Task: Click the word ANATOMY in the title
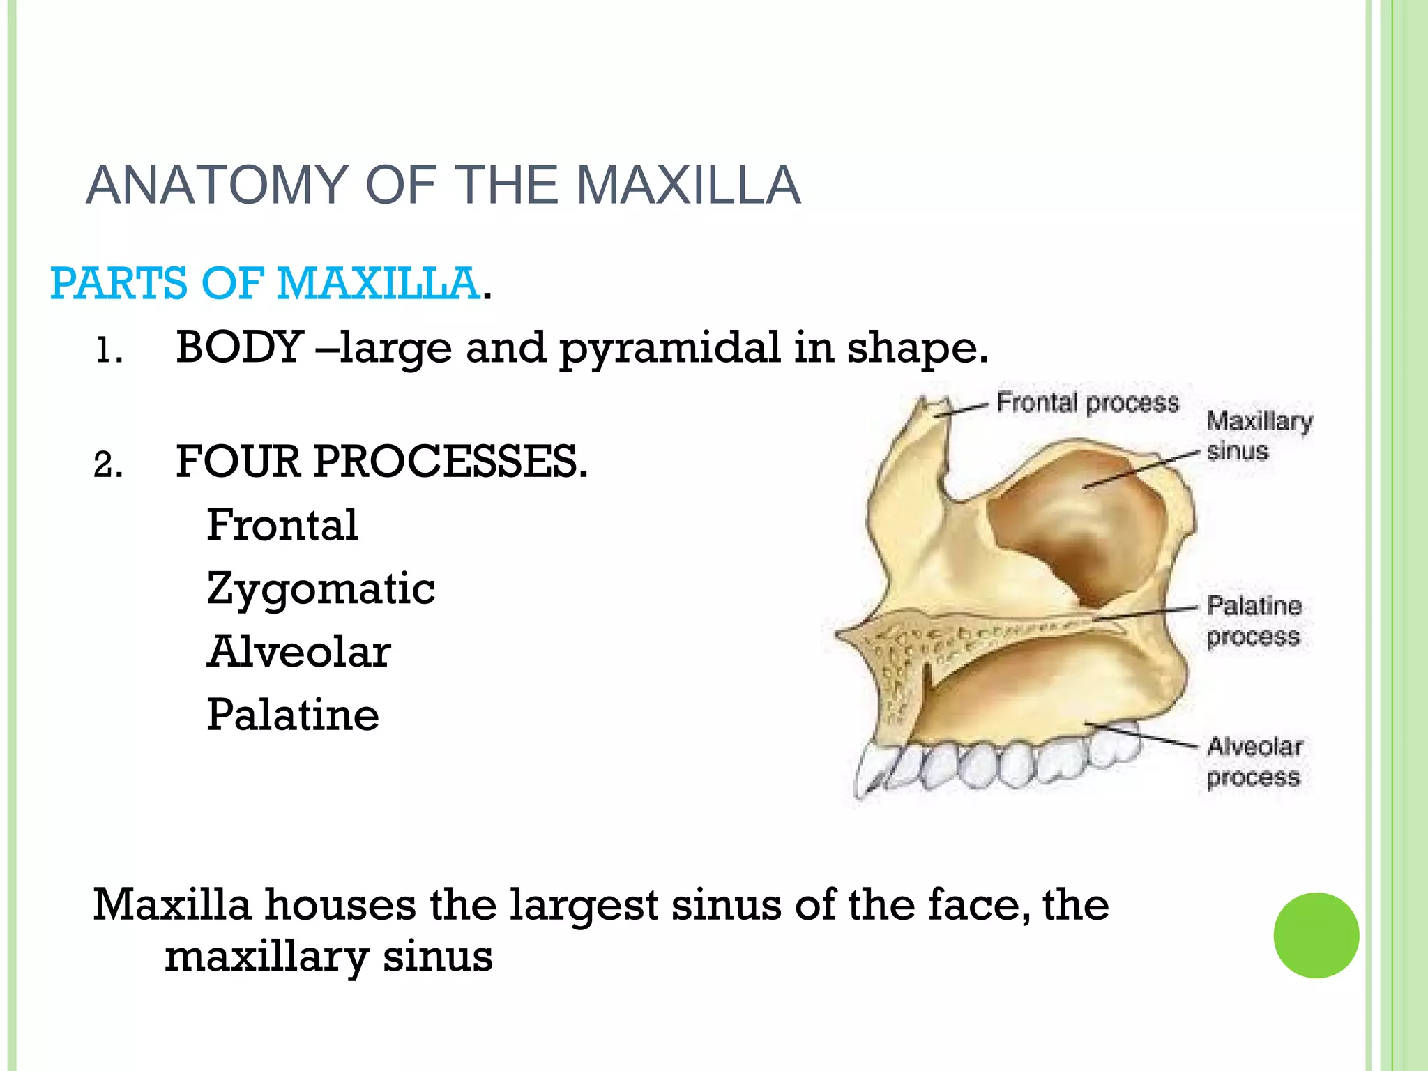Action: pyautogui.click(x=217, y=185)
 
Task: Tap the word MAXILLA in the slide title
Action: pyautogui.click(x=688, y=185)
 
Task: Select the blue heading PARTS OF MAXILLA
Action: pyautogui.click(x=265, y=283)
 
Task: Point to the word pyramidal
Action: pyautogui.click(x=670, y=348)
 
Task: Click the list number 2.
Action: pyautogui.click(x=107, y=465)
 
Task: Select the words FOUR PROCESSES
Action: pyautogui.click(x=381, y=462)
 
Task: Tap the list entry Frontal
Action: pyautogui.click(x=282, y=525)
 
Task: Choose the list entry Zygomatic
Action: pyautogui.click(x=321, y=589)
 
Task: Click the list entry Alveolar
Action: pyautogui.click(x=298, y=652)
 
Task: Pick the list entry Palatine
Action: pyautogui.click(x=293, y=715)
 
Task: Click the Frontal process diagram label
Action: pyautogui.click(x=1087, y=403)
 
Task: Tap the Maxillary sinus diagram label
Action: pyautogui.click(x=1258, y=436)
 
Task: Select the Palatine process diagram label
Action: pyautogui.click(x=1254, y=621)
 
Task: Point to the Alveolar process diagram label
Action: pyautogui.click(x=1254, y=761)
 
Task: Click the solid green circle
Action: pyautogui.click(x=1316, y=935)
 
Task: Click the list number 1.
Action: pyautogui.click(x=107, y=351)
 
